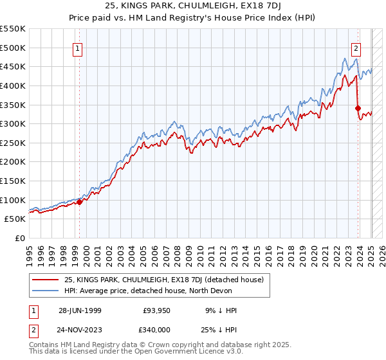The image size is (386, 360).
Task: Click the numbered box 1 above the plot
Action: (77, 48)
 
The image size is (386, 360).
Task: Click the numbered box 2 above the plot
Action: (356, 47)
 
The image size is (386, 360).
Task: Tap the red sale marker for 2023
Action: (358, 109)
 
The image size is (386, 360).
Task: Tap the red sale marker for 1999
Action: (80, 202)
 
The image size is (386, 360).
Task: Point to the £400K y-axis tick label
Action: (14, 85)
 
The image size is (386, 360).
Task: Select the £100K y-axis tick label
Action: (14, 200)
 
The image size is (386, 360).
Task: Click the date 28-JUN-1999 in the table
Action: (80, 310)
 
